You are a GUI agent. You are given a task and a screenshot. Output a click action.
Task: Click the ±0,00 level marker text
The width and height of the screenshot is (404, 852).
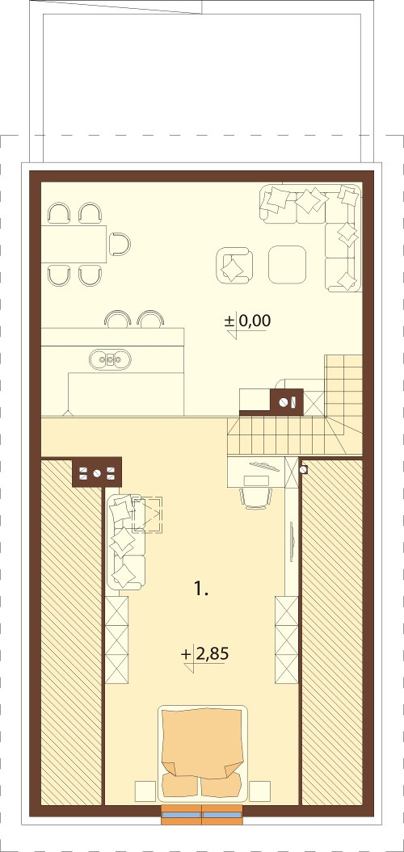[x=247, y=321]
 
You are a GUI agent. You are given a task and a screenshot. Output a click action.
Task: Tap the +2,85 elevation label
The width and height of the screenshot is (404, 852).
[x=205, y=654]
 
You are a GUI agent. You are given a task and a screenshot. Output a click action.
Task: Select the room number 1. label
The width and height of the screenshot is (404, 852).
[x=201, y=588]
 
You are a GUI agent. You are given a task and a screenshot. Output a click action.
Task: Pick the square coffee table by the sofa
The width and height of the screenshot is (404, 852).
[x=287, y=264]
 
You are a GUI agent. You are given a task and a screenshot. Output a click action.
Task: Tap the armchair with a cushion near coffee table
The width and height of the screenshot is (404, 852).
[x=234, y=265]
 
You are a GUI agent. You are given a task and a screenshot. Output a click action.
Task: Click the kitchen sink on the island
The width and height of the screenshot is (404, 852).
[x=111, y=359]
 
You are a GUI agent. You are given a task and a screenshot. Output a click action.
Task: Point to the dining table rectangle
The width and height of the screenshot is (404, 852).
[x=74, y=244]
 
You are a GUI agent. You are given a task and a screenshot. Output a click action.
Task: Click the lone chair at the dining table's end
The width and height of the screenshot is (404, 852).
[x=120, y=244]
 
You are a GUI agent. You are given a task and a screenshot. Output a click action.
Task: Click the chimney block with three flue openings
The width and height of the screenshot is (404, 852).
[x=97, y=472]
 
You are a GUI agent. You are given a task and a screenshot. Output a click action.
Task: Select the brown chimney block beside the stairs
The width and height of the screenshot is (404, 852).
[x=286, y=402]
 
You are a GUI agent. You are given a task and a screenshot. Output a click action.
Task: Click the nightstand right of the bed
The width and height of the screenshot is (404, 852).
[x=260, y=791]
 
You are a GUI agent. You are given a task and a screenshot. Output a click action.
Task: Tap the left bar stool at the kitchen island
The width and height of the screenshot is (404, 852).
[x=116, y=319]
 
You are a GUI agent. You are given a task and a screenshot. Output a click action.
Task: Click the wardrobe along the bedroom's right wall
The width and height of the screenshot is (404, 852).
[x=287, y=640]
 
